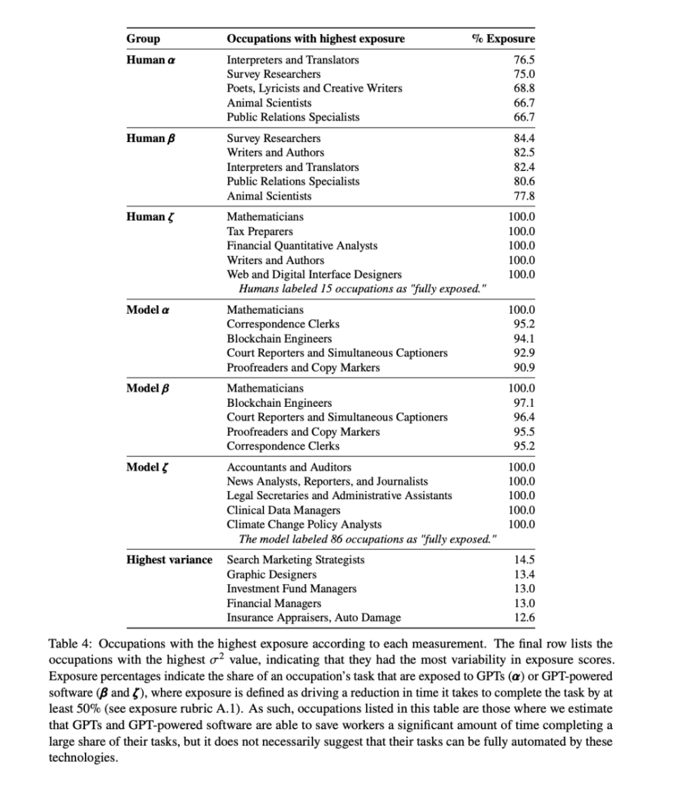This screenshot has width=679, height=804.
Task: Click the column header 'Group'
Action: click(143, 39)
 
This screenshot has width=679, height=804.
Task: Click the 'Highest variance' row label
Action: click(169, 560)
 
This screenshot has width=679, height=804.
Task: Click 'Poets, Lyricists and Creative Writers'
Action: click(314, 88)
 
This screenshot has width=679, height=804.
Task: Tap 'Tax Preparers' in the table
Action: click(259, 232)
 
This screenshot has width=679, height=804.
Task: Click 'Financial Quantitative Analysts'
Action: click(301, 246)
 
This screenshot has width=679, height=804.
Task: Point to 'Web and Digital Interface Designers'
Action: click(314, 274)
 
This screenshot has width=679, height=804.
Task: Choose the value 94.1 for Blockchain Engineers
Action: click(524, 339)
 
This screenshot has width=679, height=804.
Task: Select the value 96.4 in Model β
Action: click(524, 417)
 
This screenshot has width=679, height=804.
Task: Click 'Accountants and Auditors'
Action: click(289, 467)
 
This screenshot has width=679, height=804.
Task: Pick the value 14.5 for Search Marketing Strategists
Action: click(524, 560)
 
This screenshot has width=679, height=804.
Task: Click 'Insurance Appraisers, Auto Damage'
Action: click(313, 617)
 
